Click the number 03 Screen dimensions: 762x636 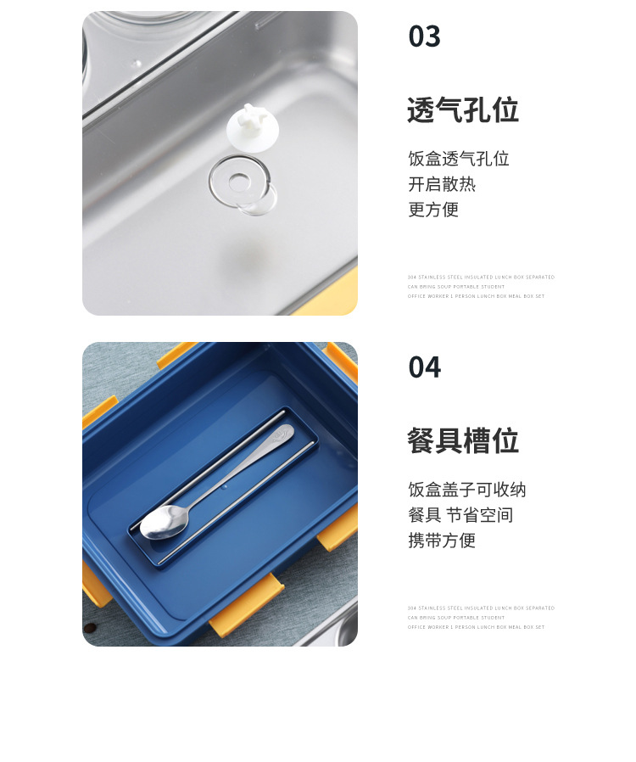(x=425, y=36)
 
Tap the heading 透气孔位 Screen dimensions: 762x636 (x=462, y=110)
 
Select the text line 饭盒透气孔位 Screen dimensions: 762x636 (x=458, y=159)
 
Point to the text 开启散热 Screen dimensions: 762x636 (x=442, y=184)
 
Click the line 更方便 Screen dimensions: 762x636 (x=433, y=210)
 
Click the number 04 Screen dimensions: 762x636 (x=425, y=367)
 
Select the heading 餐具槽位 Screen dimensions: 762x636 (x=462, y=441)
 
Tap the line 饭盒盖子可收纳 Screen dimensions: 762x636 (x=466, y=490)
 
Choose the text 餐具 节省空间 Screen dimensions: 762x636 (x=460, y=515)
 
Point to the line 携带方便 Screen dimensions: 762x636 (x=442, y=541)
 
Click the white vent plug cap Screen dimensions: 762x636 (x=253, y=127)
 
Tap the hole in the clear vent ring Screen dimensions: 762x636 (x=240, y=180)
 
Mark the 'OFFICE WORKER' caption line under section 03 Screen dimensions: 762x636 (x=476, y=296)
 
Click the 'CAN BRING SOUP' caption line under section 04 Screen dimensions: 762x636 (x=455, y=618)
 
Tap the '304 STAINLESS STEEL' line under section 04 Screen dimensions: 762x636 (x=481, y=608)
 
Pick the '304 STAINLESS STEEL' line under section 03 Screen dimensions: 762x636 (x=481, y=277)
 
